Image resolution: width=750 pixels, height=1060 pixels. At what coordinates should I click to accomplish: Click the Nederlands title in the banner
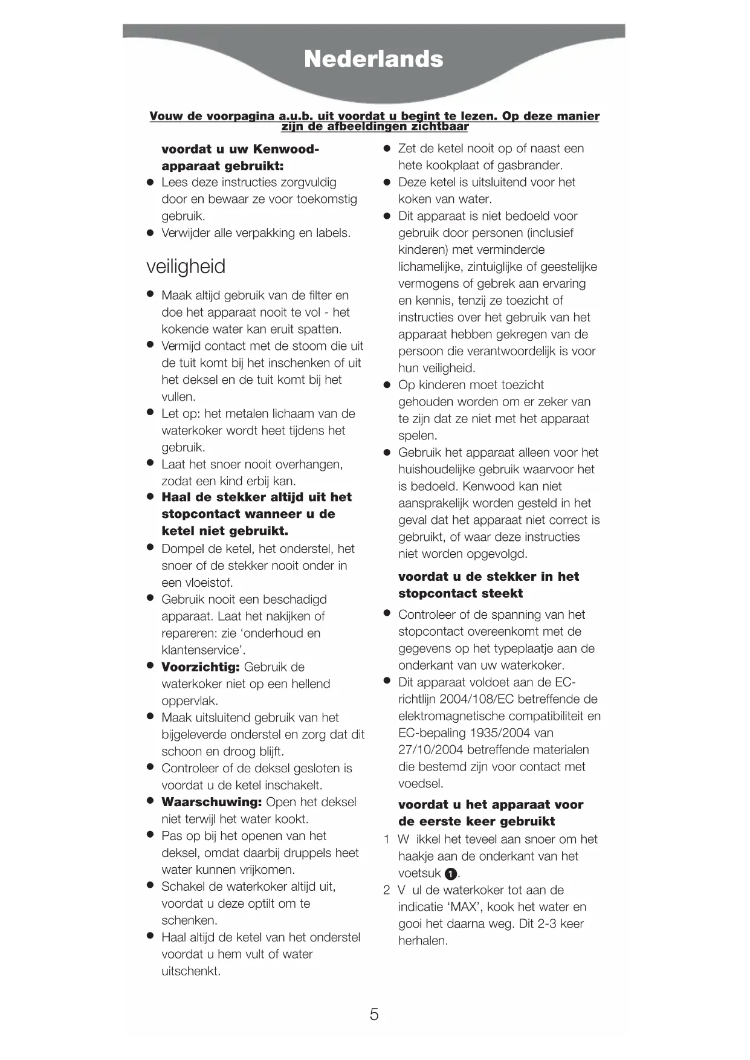[x=373, y=59]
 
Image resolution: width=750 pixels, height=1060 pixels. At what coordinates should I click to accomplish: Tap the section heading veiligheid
[x=186, y=267]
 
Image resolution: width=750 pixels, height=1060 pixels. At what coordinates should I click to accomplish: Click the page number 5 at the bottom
[x=374, y=1014]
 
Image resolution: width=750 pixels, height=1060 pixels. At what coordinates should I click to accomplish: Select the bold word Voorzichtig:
[x=201, y=667]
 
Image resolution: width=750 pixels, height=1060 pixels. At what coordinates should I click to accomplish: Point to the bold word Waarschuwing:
[x=212, y=802]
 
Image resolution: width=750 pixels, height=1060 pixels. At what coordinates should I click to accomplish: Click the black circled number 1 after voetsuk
[x=450, y=874]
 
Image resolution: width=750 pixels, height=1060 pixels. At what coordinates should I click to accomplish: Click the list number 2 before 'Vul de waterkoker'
[x=387, y=890]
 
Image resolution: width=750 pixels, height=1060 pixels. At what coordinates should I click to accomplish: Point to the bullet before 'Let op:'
[x=150, y=413]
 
